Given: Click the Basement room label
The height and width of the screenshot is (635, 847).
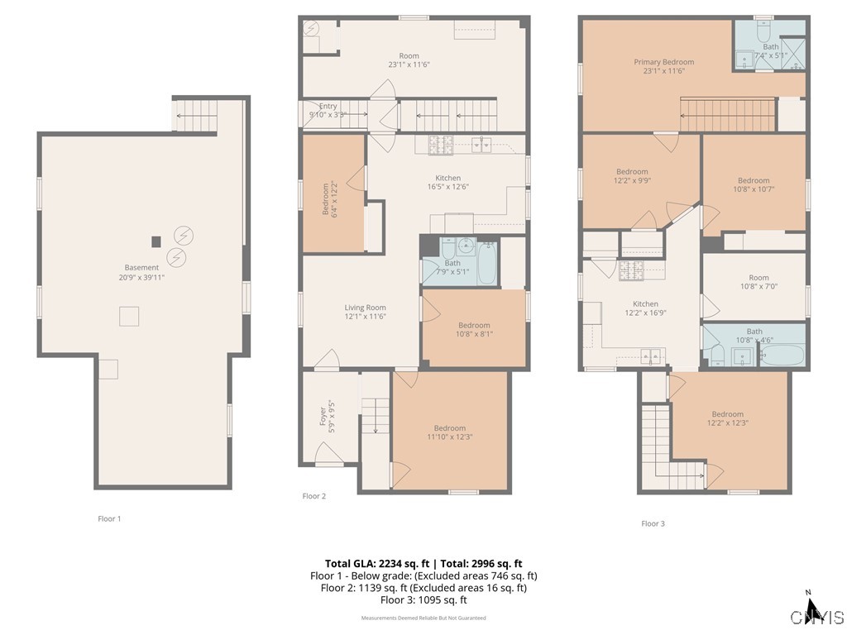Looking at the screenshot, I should point(141,272).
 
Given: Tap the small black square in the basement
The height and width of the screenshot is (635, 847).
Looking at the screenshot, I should point(156,241).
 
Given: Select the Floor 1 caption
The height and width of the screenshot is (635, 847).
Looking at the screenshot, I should point(109,519).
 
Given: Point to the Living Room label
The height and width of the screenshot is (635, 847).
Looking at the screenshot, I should point(365,312).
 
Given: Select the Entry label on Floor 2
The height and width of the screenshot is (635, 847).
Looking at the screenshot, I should point(328,111).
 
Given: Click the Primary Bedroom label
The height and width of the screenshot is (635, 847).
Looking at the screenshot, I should point(663,66).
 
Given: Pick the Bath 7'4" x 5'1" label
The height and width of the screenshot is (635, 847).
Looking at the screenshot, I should point(770,51).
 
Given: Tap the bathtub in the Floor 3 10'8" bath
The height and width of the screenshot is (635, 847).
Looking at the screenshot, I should point(781,357).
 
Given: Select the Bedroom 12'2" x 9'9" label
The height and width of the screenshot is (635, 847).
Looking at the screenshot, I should point(632,176).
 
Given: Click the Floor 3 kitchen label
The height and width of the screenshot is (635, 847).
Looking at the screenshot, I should point(645,308).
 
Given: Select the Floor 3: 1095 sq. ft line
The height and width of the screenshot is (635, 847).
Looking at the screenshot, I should point(423,599).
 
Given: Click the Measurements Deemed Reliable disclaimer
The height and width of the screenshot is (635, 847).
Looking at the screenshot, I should point(423,618).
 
